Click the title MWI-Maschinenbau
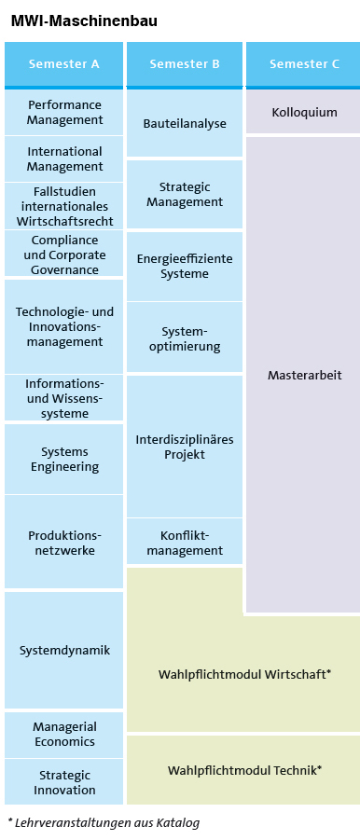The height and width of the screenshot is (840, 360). tap(84, 21)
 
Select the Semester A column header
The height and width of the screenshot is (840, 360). tap(63, 64)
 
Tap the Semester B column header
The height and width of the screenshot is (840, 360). tap(185, 64)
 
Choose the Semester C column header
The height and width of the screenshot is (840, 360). tap(304, 64)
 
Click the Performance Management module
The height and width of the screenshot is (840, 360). tap(64, 113)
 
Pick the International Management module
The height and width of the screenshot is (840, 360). tap(64, 158)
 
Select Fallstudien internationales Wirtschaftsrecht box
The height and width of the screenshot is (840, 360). tap(64, 206)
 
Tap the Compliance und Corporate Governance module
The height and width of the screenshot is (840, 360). tap(64, 255)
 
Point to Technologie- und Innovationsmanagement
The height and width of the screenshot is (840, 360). tap(64, 326)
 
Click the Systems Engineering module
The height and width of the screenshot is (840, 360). tap(64, 459)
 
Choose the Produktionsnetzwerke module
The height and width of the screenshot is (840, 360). tap(64, 543)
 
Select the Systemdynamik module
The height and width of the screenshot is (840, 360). tap(64, 650)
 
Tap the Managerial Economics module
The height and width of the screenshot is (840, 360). tap(64, 734)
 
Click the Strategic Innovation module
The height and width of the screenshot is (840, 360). tap(64, 782)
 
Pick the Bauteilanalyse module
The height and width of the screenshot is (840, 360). tap(185, 123)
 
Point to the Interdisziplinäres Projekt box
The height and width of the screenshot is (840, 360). tap(185, 447)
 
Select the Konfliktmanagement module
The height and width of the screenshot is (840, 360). tap(185, 543)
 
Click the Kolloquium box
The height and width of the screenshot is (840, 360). tap(304, 112)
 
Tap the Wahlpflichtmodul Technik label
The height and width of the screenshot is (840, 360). tap(244, 770)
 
